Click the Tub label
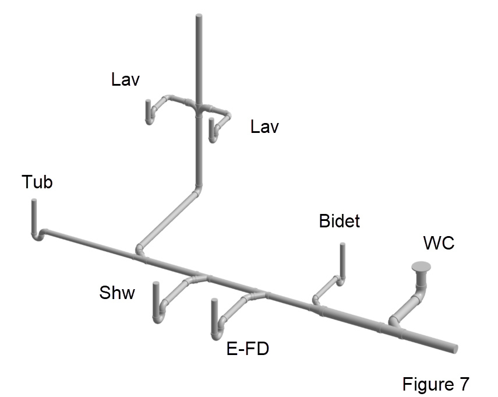(37, 182)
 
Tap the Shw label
(116, 292)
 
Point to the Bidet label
(340, 221)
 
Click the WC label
(439, 244)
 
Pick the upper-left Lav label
(126, 79)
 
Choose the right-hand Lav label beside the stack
(264, 127)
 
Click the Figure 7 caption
(435, 384)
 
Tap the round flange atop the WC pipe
(422, 267)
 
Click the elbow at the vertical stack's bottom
(198, 190)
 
